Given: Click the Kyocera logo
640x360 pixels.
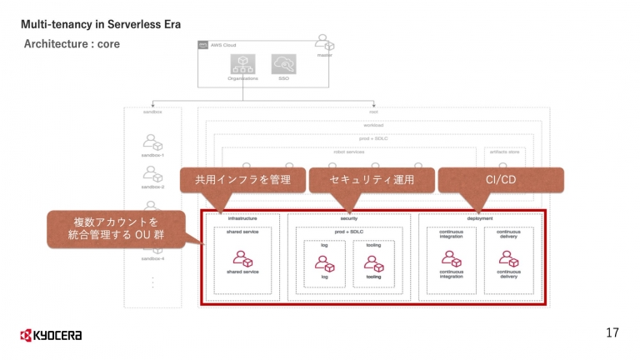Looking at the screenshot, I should point(51,335).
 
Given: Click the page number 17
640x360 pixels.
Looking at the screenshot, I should point(612,333).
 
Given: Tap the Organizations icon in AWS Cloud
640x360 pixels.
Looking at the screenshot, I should point(242,63).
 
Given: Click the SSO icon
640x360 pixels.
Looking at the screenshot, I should point(283,63).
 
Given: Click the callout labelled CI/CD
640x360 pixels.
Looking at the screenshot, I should point(501,180).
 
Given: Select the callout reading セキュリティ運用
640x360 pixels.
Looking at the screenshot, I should point(372,180).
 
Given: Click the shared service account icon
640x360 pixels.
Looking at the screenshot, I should point(242,259).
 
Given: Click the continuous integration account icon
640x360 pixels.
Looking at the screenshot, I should point(451,259).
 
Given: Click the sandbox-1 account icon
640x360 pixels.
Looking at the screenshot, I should point(152,142).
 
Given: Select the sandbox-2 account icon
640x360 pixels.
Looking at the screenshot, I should point(152,174).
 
